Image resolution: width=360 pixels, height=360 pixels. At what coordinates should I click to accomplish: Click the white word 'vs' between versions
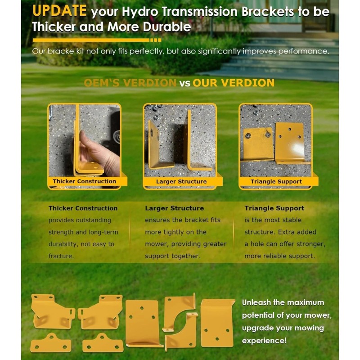[184, 83]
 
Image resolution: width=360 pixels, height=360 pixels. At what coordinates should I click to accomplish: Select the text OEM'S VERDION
[130, 83]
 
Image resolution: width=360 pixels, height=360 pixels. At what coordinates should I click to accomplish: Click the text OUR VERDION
[234, 83]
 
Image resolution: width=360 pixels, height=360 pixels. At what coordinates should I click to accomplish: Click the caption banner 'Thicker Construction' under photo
[84, 181]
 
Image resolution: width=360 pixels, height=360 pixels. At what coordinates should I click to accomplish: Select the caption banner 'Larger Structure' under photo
[181, 181]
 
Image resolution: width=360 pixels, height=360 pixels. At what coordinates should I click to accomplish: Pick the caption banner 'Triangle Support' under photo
[276, 181]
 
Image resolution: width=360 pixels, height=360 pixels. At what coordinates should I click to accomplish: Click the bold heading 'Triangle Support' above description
[274, 208]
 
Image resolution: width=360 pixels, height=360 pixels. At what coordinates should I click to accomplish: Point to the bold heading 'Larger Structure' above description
[174, 208]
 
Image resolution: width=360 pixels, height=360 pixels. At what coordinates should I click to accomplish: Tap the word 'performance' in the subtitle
[306, 51]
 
